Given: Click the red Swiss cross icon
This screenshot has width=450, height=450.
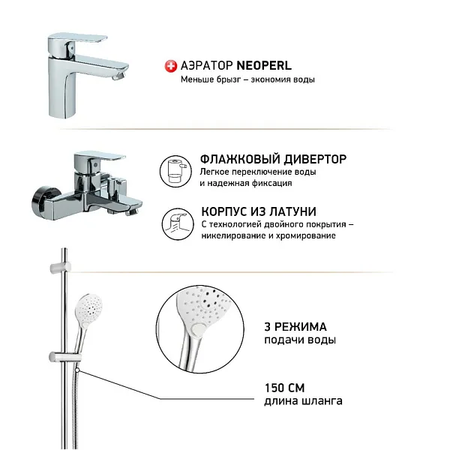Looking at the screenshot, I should coord(170,67).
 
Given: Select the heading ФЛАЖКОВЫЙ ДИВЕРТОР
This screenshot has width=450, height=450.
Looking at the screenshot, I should coord(273,159).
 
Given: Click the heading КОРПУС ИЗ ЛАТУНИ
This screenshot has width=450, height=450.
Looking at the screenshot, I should coord(258,211).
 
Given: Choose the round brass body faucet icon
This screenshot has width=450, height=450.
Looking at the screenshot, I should coord(175,222).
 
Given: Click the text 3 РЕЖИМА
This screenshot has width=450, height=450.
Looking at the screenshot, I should coord(295,325).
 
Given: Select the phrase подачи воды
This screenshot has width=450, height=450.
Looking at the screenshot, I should coord(299,340).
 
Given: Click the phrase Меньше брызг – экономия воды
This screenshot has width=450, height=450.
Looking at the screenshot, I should coord(247,79).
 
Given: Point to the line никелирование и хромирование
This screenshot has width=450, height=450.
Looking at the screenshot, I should coord(268,235).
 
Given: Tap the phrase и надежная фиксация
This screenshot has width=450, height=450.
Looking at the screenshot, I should coord(246,183).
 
